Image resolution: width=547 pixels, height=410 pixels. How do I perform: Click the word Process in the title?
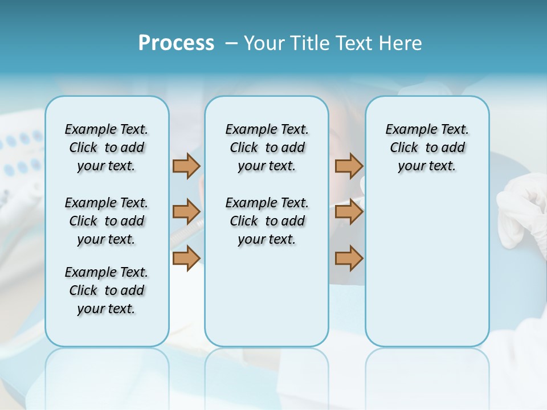[x=176, y=43]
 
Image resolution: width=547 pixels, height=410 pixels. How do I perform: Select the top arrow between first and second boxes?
[x=186, y=166]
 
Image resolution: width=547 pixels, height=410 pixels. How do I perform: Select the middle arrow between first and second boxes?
[x=186, y=212]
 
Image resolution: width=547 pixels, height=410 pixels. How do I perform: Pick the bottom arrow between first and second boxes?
[x=186, y=258]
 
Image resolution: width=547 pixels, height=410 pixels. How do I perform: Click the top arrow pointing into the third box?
[x=349, y=166]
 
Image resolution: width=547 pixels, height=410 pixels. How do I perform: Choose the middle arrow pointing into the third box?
[x=349, y=212]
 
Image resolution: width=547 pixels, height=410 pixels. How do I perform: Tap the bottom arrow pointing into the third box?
[x=349, y=258]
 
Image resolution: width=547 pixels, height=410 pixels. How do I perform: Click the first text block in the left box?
[x=107, y=147]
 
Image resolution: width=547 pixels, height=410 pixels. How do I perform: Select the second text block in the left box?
[x=107, y=221]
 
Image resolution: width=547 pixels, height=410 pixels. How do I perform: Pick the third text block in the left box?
[x=107, y=290]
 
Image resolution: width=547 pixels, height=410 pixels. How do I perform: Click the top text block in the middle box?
[x=267, y=147]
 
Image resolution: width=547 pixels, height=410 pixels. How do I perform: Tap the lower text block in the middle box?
[x=267, y=221]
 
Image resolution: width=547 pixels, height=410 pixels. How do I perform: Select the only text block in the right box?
[x=427, y=147]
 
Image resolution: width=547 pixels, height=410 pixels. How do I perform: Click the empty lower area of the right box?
[x=427, y=273]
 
